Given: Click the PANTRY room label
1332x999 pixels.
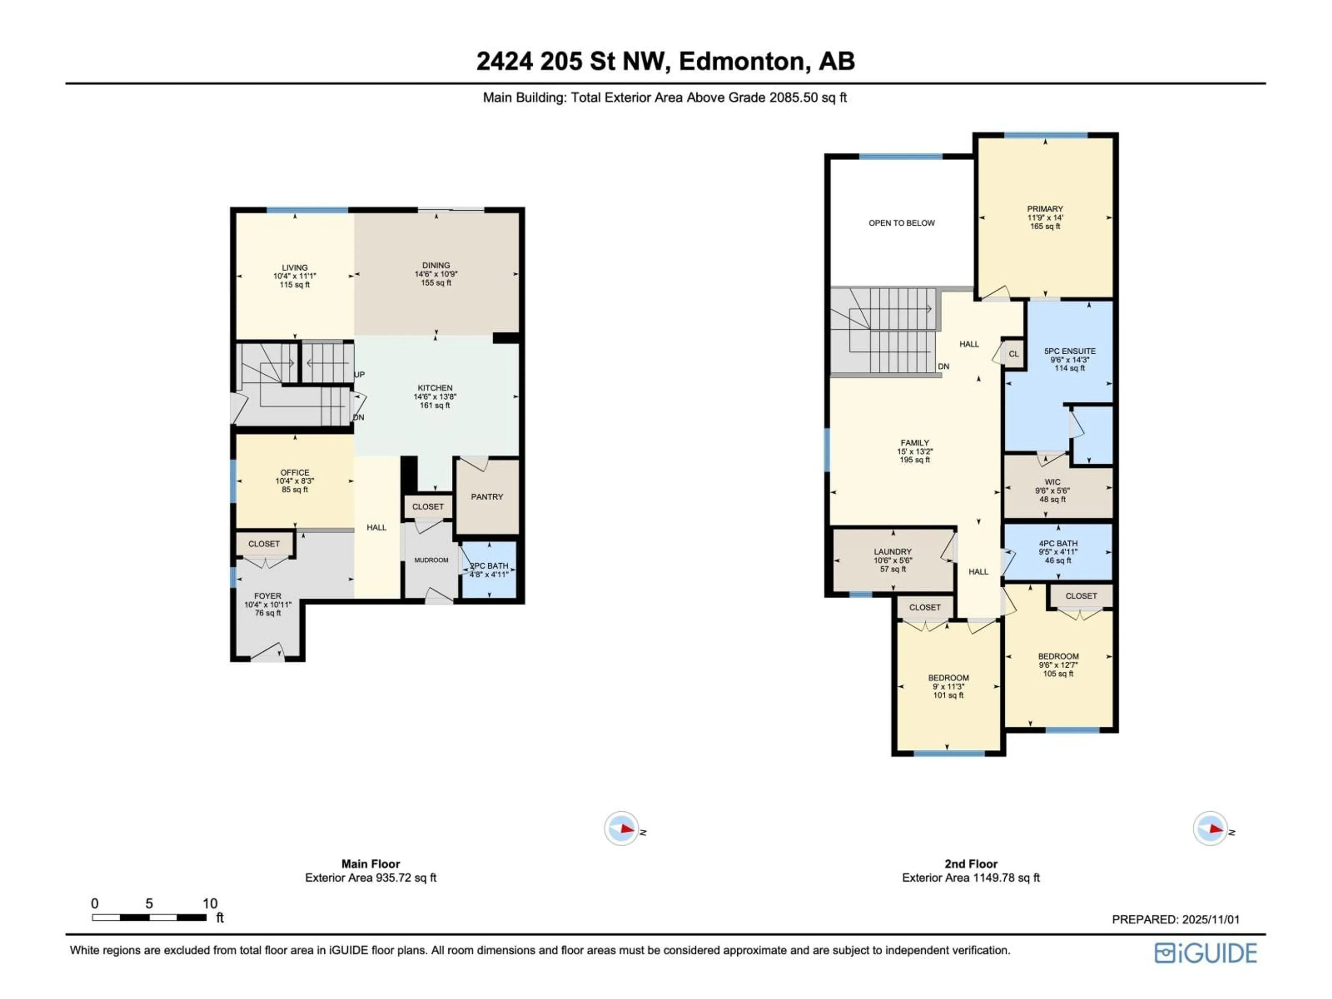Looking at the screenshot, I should tap(487, 497).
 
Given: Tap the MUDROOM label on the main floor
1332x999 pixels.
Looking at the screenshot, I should tap(431, 560).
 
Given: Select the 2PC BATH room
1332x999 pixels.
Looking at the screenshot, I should tap(489, 570).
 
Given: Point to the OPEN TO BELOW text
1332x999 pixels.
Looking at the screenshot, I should tap(902, 223).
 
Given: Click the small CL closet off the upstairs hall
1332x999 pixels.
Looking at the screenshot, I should tap(1014, 354).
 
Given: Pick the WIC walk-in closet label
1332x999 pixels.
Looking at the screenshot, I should tap(1053, 482).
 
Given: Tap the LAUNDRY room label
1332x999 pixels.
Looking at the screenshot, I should tap(893, 552).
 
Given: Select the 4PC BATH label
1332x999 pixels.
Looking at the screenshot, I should tap(1058, 543).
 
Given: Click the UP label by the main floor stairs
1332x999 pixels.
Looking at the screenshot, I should tap(359, 375).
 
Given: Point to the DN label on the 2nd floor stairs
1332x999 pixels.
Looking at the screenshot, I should tap(943, 366).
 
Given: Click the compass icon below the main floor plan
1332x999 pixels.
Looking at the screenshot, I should tap(622, 829).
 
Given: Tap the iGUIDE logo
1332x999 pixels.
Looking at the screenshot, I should tap(1205, 953).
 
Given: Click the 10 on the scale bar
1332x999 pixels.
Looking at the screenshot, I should tap(210, 903).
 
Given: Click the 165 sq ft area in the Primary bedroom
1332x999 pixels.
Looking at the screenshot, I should tap(1045, 227).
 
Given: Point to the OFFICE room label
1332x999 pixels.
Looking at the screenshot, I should tap(294, 473).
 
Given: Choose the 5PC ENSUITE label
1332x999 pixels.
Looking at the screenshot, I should tap(1070, 351).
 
